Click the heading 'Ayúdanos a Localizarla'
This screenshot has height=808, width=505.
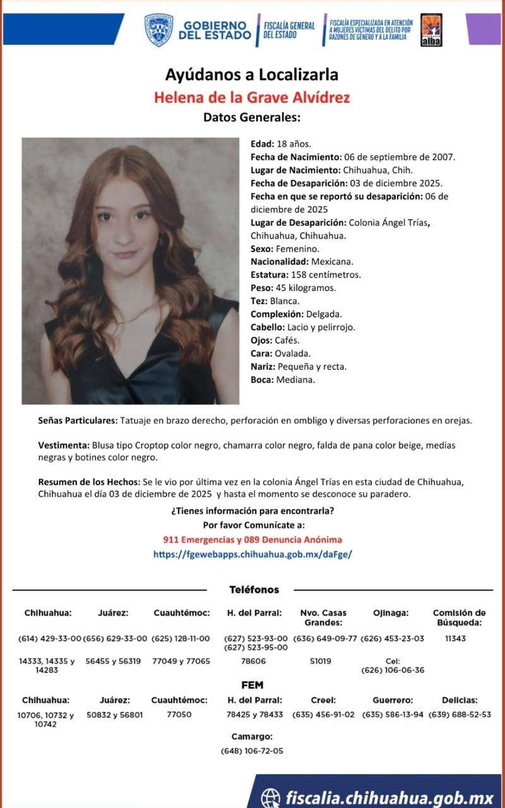pyautogui.click(x=251, y=75)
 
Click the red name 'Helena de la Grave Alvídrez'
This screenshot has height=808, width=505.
pyautogui.click(x=251, y=98)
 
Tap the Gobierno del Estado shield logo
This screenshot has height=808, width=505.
pyautogui.click(x=158, y=30)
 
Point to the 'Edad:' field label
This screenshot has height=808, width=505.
pyautogui.click(x=262, y=144)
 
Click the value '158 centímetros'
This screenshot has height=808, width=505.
pyautogui.click(x=326, y=275)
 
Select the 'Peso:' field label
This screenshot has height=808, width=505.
pyautogui.click(x=261, y=288)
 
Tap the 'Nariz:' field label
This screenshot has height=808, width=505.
pyautogui.click(x=263, y=367)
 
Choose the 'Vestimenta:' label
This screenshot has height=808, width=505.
pyautogui.click(x=64, y=446)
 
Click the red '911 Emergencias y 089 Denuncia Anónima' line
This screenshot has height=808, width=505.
pyautogui.click(x=252, y=540)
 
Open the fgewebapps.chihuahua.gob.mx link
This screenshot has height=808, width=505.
pyautogui.click(x=252, y=554)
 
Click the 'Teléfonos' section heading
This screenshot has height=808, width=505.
pyautogui.click(x=254, y=590)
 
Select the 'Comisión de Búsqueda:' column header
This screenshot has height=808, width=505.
pyautogui.click(x=459, y=617)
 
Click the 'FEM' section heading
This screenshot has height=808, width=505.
pyautogui.click(x=252, y=685)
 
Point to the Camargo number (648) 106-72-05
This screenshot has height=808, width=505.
pyautogui.click(x=252, y=751)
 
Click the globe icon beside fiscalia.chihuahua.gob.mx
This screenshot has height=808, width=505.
pyautogui.click(x=271, y=797)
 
